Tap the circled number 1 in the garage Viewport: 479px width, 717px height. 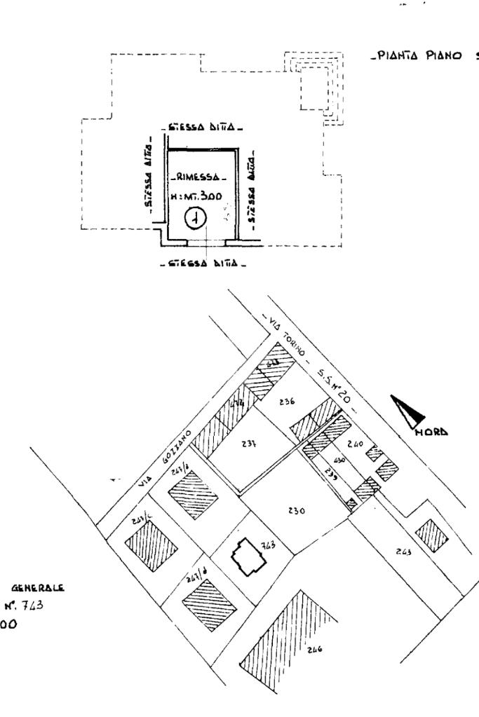pyautogui.click(x=194, y=219)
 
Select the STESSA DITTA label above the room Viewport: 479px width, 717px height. pyautogui.click(x=202, y=129)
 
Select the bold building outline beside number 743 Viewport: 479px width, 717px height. pyautogui.click(x=249, y=557)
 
